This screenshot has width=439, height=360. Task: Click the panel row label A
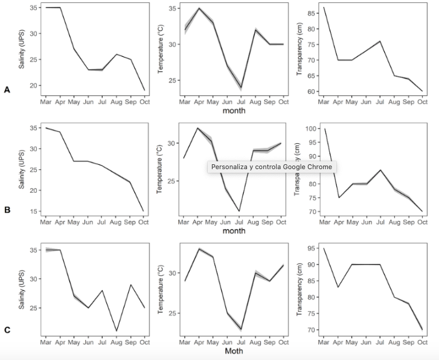(x=7, y=89)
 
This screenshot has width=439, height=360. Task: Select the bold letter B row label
(x=7, y=210)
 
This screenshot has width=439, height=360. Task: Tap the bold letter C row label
(x=7, y=330)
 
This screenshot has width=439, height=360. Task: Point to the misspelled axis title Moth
(x=234, y=351)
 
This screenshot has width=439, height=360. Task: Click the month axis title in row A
(x=234, y=111)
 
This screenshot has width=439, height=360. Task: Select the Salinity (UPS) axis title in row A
(x=22, y=48)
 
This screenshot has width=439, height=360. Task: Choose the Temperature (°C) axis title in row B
(x=160, y=169)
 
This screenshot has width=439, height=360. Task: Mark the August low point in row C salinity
(x=116, y=331)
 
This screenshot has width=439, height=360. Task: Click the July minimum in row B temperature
(x=239, y=211)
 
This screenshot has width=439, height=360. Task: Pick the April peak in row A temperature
(x=199, y=8)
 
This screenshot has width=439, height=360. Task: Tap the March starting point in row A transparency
(x=324, y=7)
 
